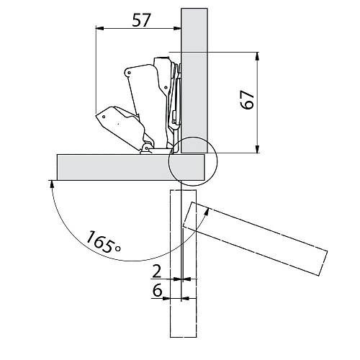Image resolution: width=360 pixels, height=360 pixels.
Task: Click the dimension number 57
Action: pyautogui.click(x=141, y=20)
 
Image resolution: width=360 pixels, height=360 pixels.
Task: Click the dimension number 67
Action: pyautogui.click(x=247, y=100)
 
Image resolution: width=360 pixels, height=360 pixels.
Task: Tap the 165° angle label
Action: pyautogui.click(x=103, y=242)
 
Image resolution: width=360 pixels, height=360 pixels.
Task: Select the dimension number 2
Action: pyautogui.click(x=157, y=271)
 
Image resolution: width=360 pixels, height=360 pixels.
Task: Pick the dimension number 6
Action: pyautogui.click(x=158, y=291)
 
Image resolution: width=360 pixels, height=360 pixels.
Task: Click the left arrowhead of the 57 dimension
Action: pyautogui.click(x=99, y=28)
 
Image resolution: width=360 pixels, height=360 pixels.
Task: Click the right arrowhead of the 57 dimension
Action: pyautogui.click(x=177, y=28)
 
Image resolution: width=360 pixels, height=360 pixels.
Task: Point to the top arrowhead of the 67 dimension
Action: pyautogui.click(x=257, y=56)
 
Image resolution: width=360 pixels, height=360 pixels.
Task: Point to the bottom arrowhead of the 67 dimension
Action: pyautogui.click(x=257, y=148)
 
